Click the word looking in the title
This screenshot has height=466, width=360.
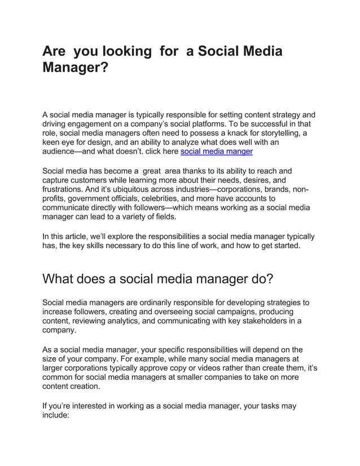point(124,51)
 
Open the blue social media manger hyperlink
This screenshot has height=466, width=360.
point(216,152)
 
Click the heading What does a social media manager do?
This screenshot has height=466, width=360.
point(159,279)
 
